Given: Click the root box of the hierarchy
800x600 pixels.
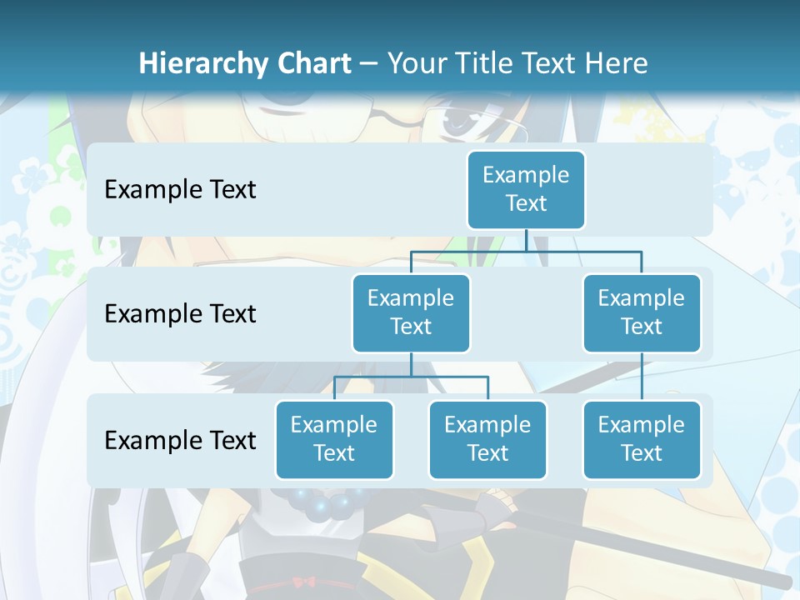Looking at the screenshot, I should point(526,189).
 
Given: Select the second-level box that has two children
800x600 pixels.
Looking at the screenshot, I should point(411,312).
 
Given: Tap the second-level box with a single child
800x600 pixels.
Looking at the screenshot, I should point(642,312).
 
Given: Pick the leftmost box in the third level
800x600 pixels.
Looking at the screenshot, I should point(334,439).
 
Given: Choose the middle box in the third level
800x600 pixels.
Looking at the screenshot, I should point(487,439).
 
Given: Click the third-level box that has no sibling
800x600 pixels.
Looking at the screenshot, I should point(642,439).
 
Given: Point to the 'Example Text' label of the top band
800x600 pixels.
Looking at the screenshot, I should point(180,190).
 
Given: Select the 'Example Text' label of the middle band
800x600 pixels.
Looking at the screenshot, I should point(180,314).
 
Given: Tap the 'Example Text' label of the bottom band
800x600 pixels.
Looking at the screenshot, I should point(180,440).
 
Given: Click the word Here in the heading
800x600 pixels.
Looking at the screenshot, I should point(617,63).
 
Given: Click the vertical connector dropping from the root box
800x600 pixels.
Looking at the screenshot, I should point(526,240).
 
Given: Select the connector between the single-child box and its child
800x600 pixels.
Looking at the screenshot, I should point(642,377).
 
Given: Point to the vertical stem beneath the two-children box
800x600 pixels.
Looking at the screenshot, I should point(411,364).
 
